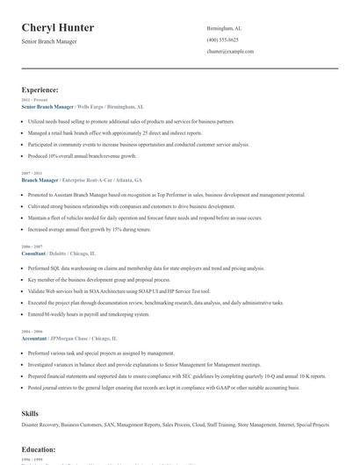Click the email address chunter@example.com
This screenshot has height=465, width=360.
point(230,52)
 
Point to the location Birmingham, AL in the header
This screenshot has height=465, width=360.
point(224,28)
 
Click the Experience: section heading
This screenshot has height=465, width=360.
point(40,89)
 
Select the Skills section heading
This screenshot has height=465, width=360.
point(30,411)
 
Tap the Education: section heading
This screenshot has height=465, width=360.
point(39,448)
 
